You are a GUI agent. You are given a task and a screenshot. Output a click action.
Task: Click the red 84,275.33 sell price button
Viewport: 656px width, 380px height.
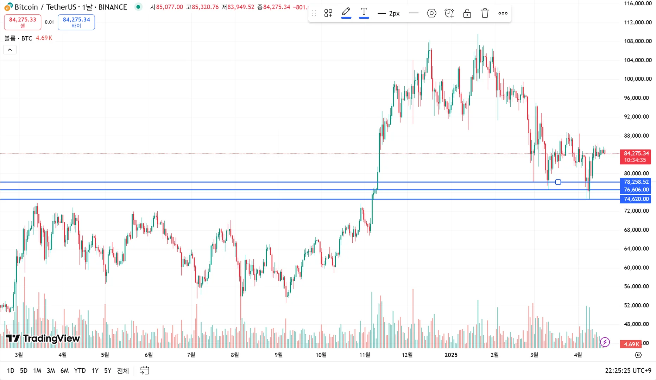pos(23,22)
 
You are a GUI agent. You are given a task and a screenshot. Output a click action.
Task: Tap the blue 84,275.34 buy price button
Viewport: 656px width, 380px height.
pos(76,22)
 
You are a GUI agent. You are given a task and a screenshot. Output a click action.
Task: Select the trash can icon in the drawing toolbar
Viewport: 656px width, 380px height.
pos(485,13)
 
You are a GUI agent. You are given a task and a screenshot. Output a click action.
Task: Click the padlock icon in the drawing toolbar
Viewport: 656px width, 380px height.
pos(467,13)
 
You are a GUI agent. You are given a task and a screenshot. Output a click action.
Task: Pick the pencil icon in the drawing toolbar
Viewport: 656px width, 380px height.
pos(346,13)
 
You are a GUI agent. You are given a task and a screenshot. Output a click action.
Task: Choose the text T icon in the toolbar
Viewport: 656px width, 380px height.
pos(364,13)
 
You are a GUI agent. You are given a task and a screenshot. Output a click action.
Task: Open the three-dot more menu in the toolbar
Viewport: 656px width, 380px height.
pos(503,13)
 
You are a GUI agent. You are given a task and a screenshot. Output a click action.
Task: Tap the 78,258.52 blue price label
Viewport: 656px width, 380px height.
pos(636,182)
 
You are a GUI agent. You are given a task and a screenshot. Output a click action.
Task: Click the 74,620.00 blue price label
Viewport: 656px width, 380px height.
pos(636,199)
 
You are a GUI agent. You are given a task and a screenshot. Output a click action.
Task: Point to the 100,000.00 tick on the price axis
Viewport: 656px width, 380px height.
pos(638,79)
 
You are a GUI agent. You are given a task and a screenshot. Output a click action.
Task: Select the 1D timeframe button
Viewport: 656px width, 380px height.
pos(11,370)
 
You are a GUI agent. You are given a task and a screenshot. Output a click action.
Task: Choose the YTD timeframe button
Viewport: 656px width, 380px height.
pos(80,370)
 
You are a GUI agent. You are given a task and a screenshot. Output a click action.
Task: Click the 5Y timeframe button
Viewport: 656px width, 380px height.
pos(108,370)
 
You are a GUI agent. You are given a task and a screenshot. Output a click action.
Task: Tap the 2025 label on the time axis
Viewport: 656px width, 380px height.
pos(451,355)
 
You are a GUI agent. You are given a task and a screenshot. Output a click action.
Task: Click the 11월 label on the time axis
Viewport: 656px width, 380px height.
pos(365,355)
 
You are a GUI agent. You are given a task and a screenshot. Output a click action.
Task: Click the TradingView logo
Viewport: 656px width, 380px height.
pos(43,338)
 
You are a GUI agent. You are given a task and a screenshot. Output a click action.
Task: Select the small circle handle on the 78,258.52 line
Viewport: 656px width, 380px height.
pos(558,182)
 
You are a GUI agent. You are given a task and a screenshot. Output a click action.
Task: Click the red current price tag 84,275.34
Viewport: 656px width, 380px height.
pos(636,157)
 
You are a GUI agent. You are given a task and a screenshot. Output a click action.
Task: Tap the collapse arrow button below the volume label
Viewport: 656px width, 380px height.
pos(10,50)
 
